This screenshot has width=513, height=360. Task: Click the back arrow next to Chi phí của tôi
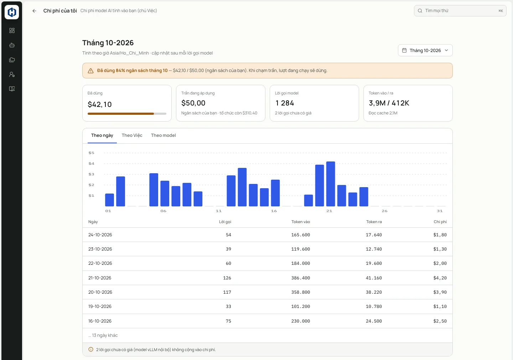[34, 11]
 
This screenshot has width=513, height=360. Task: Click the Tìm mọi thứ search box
[460, 11]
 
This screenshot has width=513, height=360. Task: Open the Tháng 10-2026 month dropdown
[425, 50]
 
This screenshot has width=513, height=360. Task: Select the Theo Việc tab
[132, 135]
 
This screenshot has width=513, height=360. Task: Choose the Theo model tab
[163, 135]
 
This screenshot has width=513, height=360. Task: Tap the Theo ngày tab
[102, 135]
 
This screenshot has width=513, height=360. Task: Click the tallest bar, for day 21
[331, 184]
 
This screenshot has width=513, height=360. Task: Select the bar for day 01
[109, 200]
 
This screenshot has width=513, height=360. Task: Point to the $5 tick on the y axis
[91, 153]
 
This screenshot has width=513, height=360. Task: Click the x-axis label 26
[384, 211]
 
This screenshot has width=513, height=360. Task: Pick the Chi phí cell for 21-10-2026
[440, 278]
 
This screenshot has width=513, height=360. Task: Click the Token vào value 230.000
[300, 321]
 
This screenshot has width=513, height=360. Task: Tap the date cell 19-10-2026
[100, 307]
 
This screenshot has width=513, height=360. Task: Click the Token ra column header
[374, 222]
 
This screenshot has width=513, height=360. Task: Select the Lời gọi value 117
[227, 292]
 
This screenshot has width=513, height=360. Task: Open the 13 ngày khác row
[103, 335]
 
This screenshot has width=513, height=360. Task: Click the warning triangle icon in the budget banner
[91, 71]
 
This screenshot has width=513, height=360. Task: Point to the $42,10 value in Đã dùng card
[100, 104]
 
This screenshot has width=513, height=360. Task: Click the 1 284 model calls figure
[284, 103]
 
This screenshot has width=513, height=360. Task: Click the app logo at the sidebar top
[12, 12]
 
